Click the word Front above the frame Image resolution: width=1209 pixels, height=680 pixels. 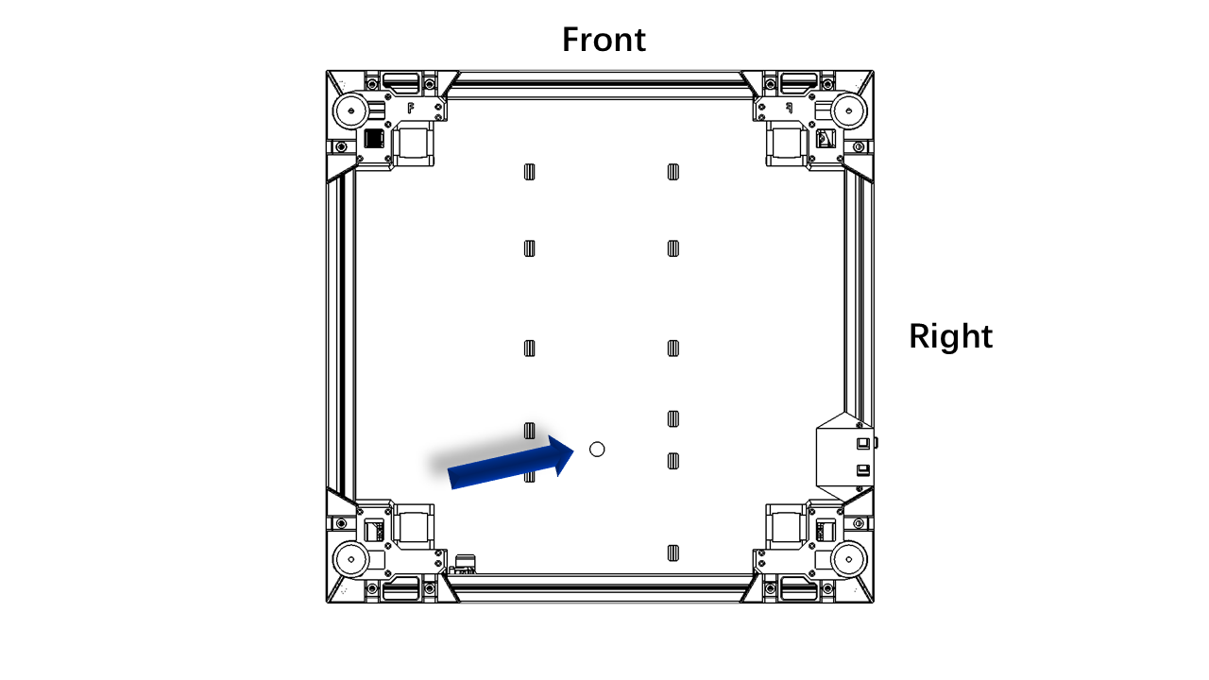[x=604, y=40]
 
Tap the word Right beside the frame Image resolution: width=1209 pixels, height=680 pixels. [x=950, y=335]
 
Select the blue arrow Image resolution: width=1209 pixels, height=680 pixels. [x=511, y=463]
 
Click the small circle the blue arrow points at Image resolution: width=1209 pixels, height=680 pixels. [x=597, y=449]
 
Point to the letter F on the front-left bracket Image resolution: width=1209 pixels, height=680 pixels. [x=411, y=109]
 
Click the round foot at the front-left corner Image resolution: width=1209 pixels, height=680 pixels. [x=350, y=111]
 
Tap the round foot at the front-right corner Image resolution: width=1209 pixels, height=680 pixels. [x=848, y=111]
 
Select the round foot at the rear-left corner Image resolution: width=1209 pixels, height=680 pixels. [x=350, y=559]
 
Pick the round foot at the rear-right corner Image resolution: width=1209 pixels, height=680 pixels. [x=848, y=559]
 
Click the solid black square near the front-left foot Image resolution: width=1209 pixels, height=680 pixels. [x=373, y=139]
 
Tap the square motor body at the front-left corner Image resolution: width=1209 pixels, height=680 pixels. [x=413, y=144]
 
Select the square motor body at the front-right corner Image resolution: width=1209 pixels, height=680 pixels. [x=787, y=144]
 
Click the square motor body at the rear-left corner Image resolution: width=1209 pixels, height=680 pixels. [x=413, y=526]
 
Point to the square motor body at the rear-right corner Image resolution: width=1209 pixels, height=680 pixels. [x=787, y=526]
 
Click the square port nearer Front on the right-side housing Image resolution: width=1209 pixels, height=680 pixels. [x=863, y=444]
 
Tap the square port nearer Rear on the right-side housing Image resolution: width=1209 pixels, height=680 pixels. [x=863, y=470]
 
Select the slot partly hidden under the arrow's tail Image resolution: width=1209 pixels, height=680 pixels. [x=530, y=475]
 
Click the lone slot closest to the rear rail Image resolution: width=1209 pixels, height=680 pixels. [x=673, y=553]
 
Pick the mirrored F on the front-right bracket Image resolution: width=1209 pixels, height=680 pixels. [x=789, y=109]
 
